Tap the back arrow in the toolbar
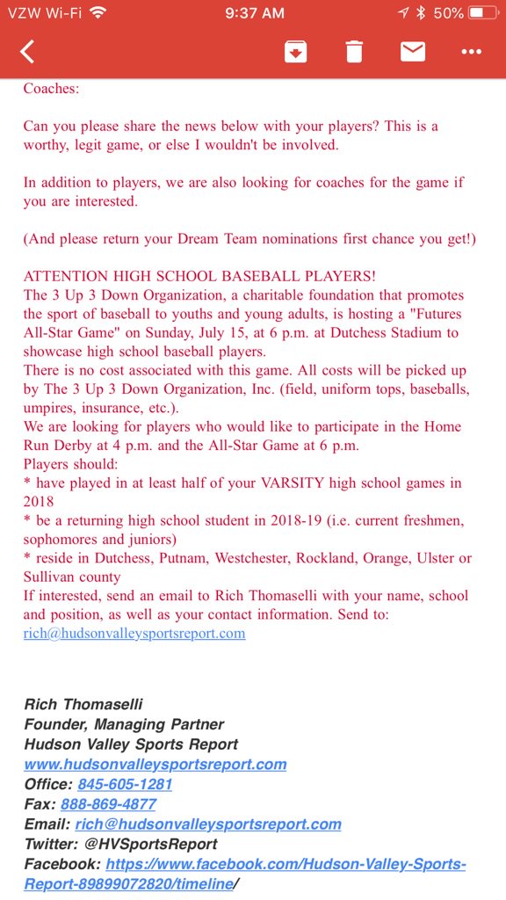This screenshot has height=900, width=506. [x=27, y=52]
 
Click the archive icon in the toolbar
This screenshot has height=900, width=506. [x=295, y=52]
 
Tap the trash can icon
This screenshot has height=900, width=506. [x=354, y=52]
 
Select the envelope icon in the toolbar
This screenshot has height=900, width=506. [x=413, y=52]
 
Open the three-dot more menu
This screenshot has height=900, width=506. [x=472, y=52]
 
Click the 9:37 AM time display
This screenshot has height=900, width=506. [x=255, y=13]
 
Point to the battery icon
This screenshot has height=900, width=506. [x=484, y=13]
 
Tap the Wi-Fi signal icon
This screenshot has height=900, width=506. [x=97, y=13]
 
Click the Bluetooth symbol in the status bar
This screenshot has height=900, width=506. [x=421, y=13]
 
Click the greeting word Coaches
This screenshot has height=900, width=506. [x=51, y=88]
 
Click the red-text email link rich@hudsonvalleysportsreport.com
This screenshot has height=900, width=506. [x=134, y=633]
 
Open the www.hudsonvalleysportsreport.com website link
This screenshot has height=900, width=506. [x=155, y=764]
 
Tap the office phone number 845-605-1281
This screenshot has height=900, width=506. [x=125, y=784]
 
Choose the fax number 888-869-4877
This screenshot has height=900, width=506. [x=108, y=804]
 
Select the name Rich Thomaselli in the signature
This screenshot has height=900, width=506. [x=83, y=704]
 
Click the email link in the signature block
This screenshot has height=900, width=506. [x=208, y=824]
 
